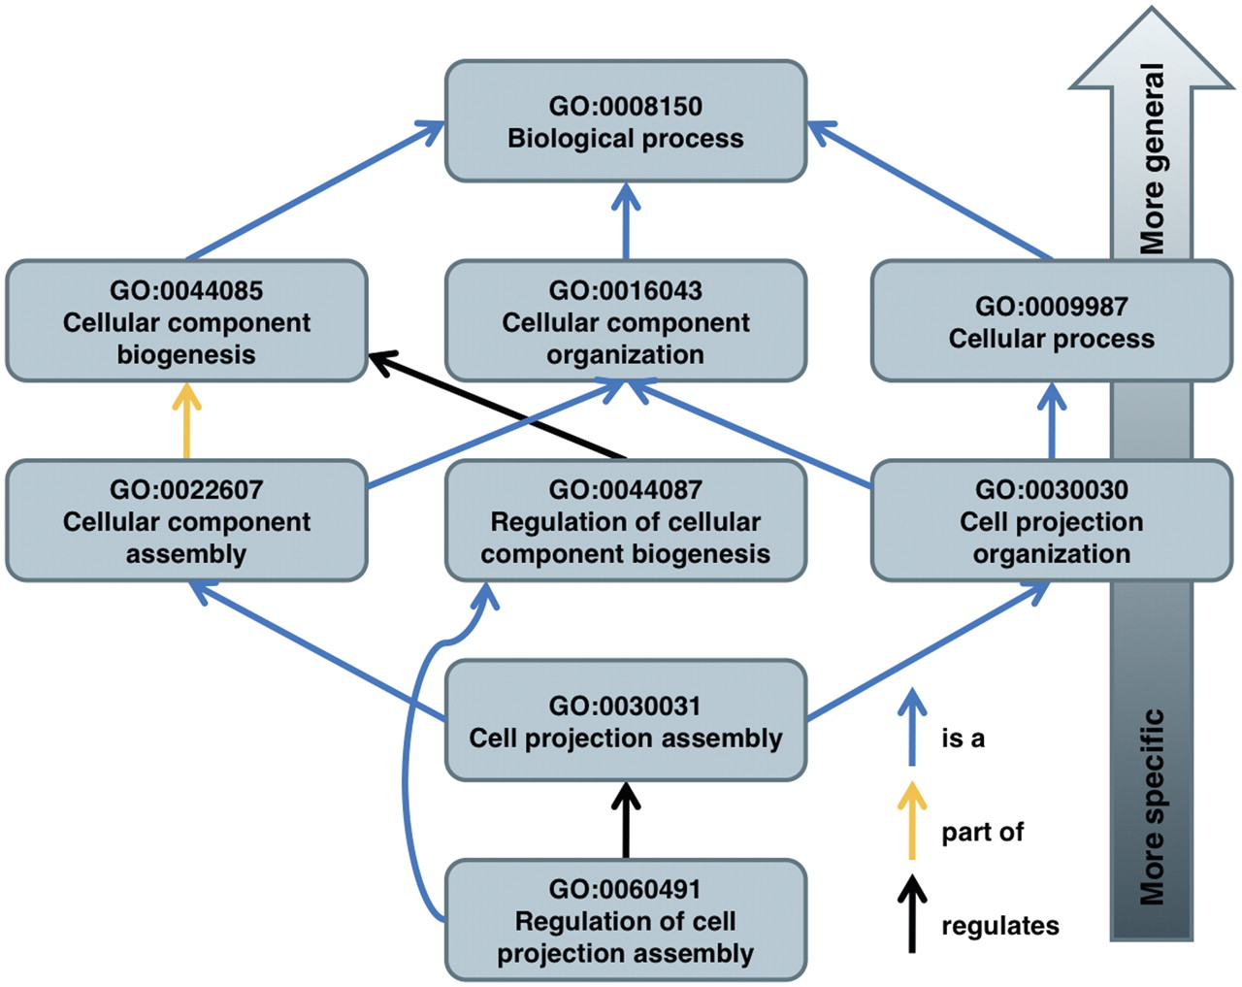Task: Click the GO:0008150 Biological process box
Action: (626, 121)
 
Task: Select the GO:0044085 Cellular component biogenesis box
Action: (186, 321)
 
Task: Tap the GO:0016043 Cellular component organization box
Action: (626, 321)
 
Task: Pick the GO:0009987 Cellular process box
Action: (1052, 321)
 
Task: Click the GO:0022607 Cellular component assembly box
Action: (186, 520)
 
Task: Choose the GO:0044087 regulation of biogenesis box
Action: (626, 520)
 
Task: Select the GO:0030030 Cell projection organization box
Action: (1052, 520)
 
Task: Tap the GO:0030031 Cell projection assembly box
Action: (626, 720)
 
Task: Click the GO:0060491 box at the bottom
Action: (626, 920)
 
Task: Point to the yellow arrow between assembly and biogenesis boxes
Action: (186, 421)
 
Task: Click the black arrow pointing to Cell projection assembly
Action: (626, 820)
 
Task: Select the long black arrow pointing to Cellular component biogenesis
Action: (497, 406)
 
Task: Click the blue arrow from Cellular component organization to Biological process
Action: (626, 221)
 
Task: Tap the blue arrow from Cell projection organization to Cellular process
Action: (1052, 421)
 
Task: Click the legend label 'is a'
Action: (963, 739)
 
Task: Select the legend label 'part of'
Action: (982, 833)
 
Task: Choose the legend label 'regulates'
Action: (1000, 926)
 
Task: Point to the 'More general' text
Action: (1152, 158)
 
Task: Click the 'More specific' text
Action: (1152, 806)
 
